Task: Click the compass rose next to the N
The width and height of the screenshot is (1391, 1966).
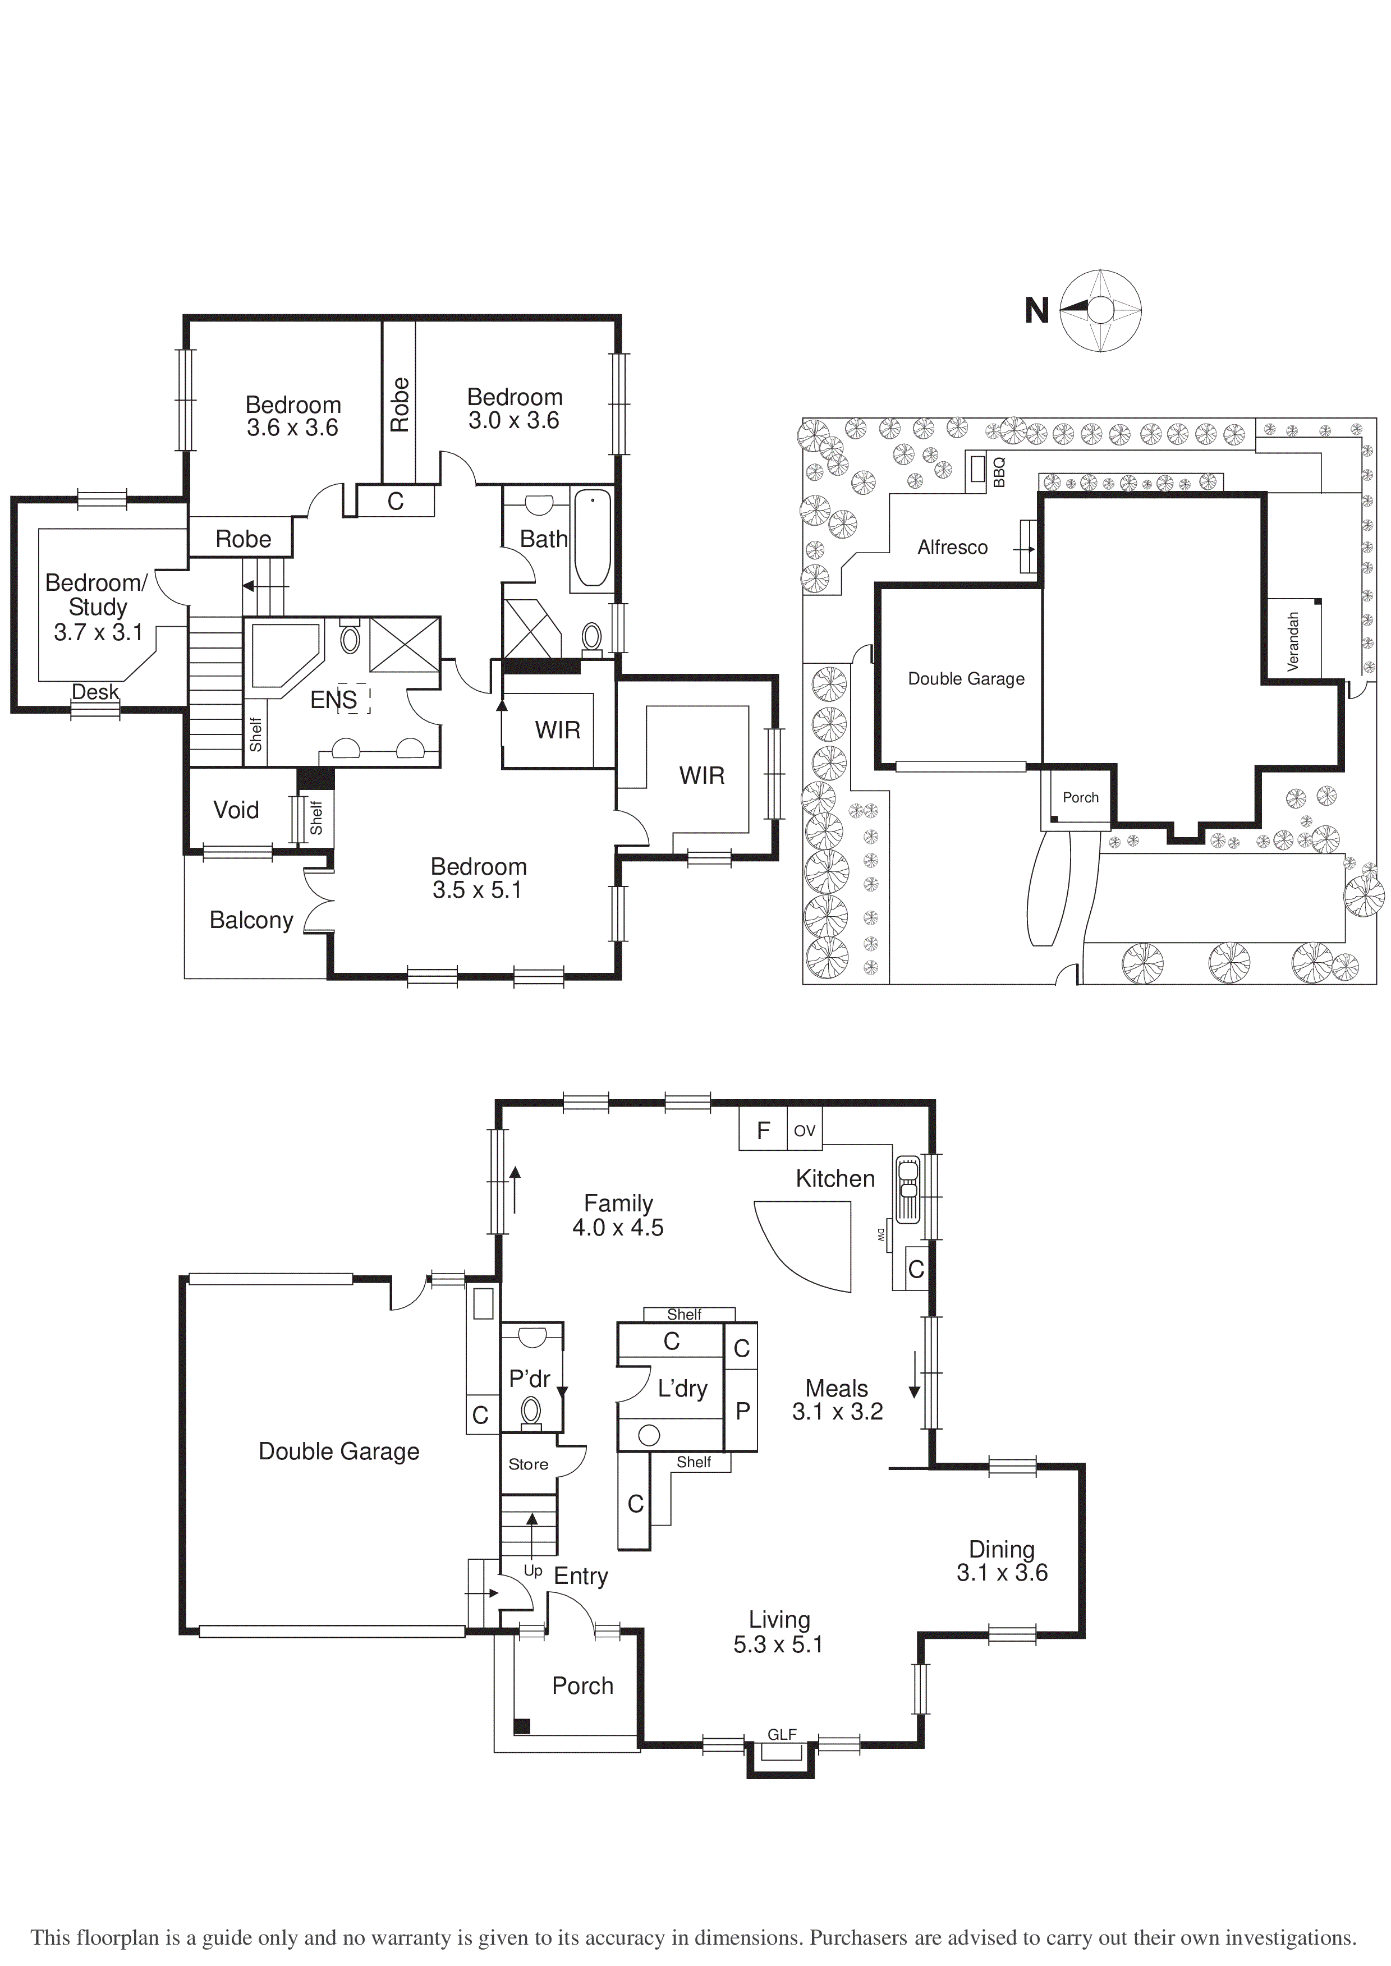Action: (1101, 310)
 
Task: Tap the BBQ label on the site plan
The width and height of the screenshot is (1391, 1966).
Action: (999, 472)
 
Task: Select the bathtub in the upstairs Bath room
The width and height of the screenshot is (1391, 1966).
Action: (591, 538)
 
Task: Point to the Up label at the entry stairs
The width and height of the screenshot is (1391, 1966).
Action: (532, 1570)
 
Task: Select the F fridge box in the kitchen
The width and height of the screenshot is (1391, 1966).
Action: (763, 1130)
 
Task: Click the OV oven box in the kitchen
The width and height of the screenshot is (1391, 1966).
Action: (804, 1130)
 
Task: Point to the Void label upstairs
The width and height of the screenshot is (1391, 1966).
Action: (236, 810)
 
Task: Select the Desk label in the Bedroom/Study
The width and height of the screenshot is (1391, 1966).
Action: (95, 691)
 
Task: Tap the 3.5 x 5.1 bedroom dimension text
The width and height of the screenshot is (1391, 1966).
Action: (477, 890)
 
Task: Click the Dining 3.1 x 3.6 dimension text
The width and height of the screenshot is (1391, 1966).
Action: (1002, 1573)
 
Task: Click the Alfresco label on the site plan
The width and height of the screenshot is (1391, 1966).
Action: (952, 547)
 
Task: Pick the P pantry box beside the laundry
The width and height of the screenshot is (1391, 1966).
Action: (742, 1411)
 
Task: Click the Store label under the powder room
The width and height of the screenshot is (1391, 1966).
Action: (529, 1464)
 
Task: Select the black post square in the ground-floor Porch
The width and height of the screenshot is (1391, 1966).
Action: (522, 1726)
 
